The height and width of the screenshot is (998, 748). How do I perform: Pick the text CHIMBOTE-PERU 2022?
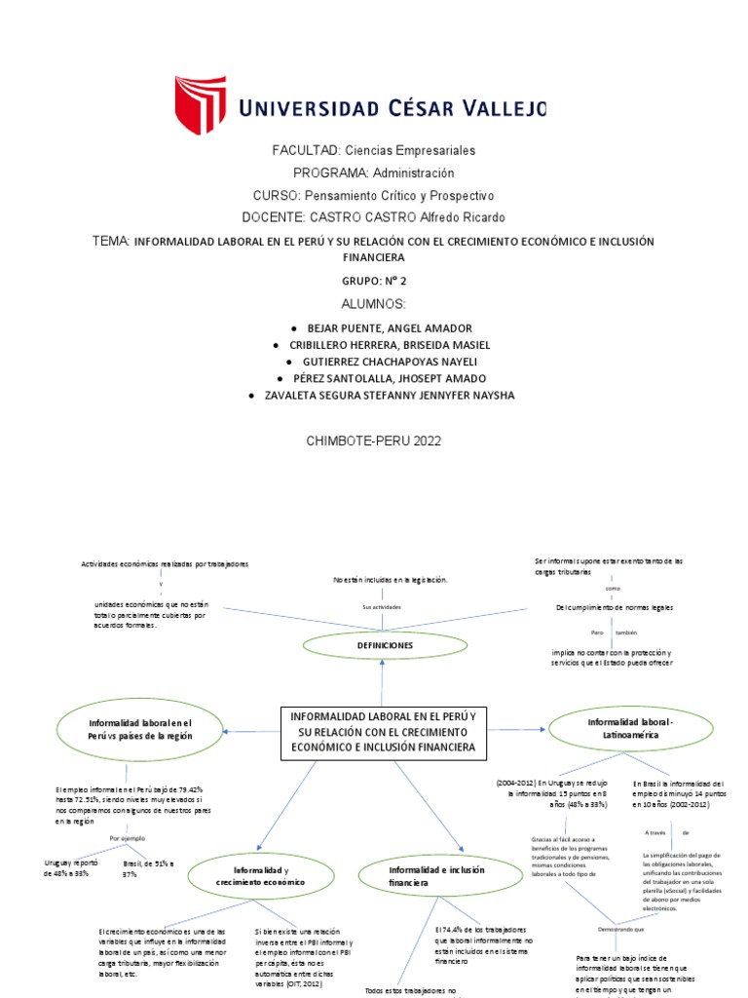[374, 441]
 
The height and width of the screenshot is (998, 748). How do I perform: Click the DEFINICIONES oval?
[383, 645]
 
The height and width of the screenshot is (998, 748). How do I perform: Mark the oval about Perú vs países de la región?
[140, 730]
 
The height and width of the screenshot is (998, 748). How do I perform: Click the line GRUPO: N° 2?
[374, 280]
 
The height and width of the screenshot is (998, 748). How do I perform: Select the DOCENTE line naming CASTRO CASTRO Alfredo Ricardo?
[374, 216]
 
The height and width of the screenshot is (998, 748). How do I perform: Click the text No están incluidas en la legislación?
[390, 580]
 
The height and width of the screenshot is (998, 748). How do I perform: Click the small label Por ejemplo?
[128, 838]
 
